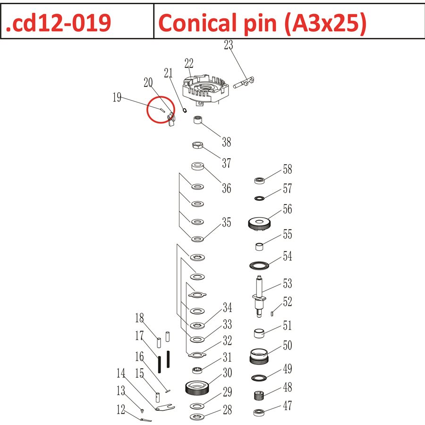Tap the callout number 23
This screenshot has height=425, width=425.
click(x=229, y=46)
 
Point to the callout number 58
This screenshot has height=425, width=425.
click(x=287, y=170)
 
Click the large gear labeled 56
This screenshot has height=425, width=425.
click(x=259, y=223)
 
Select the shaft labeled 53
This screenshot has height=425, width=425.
click(x=259, y=295)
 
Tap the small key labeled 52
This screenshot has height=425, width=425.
click(x=273, y=312)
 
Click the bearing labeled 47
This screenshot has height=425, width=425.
click(x=259, y=412)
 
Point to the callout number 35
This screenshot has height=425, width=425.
click(x=227, y=222)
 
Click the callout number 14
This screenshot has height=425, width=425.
click(x=121, y=374)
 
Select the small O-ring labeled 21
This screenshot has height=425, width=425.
click(x=185, y=111)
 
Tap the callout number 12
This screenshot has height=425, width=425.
click(x=121, y=408)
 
